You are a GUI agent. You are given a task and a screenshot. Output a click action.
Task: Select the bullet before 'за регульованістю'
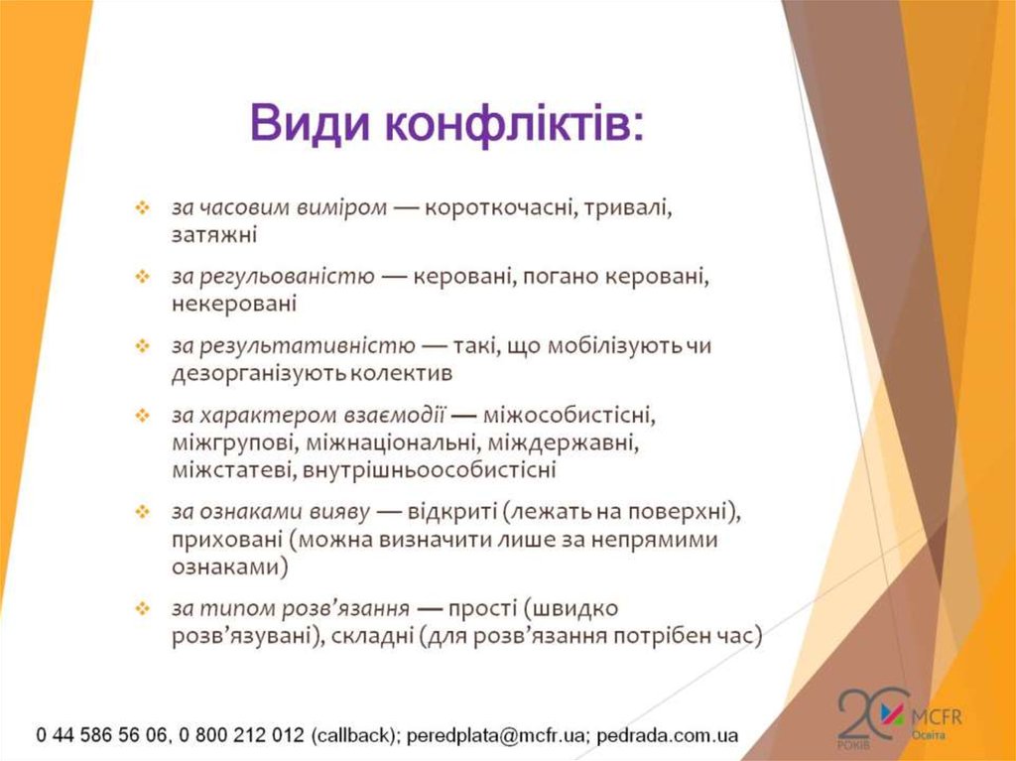tap(142, 277)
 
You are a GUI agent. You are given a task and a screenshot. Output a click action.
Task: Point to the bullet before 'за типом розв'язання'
tap(142, 607)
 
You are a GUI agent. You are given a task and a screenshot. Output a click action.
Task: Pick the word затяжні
tap(213, 236)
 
